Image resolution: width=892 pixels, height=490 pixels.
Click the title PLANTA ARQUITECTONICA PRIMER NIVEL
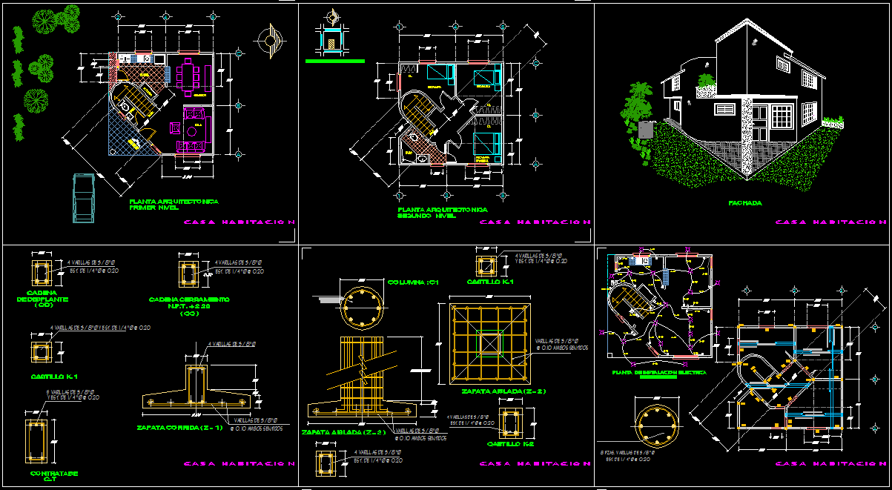click(x=174, y=205)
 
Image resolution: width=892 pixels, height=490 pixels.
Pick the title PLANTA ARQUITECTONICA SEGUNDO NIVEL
click(x=442, y=213)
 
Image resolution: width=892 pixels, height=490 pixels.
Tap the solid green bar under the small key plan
click(x=334, y=62)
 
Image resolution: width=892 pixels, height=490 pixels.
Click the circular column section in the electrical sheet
click(x=655, y=422)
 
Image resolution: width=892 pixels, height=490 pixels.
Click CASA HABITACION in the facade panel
click(x=830, y=222)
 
